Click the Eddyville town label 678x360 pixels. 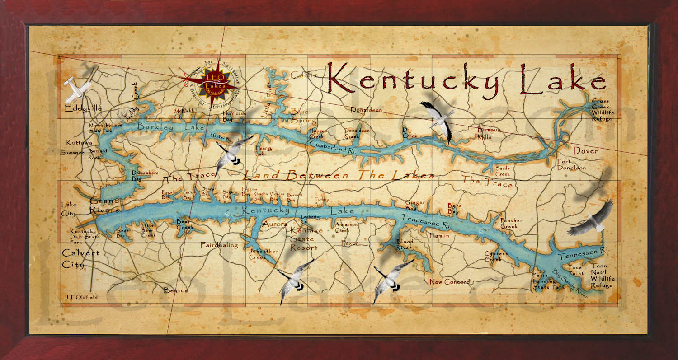tap(83, 108)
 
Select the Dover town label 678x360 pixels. tap(585, 151)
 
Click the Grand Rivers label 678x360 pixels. tap(104, 205)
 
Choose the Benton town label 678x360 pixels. tap(176, 290)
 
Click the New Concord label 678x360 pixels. tap(449, 282)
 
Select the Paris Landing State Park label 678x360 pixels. tap(548, 281)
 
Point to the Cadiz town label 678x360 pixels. tap(304, 75)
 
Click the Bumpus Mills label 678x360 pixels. tap(490, 133)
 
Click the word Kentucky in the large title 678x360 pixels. tap(412, 79)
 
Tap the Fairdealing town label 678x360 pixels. tap(219, 245)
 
